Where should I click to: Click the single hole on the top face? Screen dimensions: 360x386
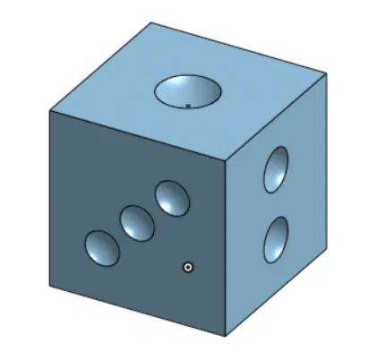tap(188, 90)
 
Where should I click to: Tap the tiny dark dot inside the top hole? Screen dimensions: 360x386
tap(188, 105)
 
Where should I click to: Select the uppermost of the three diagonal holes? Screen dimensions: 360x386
tap(171, 198)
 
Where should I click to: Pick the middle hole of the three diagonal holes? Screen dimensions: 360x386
tap(137, 222)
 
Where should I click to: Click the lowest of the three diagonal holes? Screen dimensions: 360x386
tap(101, 248)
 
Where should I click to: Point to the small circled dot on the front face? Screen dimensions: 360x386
tap(188, 266)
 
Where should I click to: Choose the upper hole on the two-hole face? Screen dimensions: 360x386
tap(276, 169)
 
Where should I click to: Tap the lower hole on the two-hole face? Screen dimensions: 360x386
tap(276, 239)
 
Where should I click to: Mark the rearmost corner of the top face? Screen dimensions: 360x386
tap(150, 22)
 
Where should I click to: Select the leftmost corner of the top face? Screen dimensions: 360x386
tap(50, 111)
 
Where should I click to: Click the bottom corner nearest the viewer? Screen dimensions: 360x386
tap(225, 336)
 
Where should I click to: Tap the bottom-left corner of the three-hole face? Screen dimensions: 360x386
tap(50, 286)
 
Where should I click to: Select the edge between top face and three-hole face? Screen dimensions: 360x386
tap(138, 135)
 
